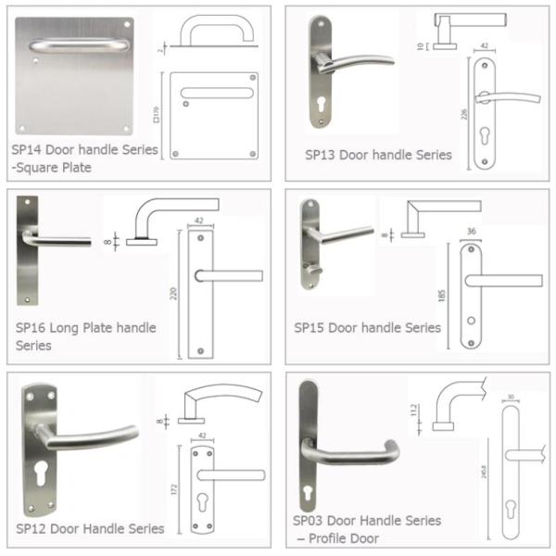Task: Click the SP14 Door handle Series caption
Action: coord(84,149)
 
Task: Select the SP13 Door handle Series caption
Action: coord(378,155)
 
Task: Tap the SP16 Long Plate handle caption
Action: coord(85,327)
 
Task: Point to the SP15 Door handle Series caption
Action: coord(367,327)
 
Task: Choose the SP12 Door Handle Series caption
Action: coord(90,528)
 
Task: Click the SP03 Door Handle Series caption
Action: coord(367,521)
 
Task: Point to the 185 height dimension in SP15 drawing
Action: coord(451,297)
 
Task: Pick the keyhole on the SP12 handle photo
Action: coord(41,469)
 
